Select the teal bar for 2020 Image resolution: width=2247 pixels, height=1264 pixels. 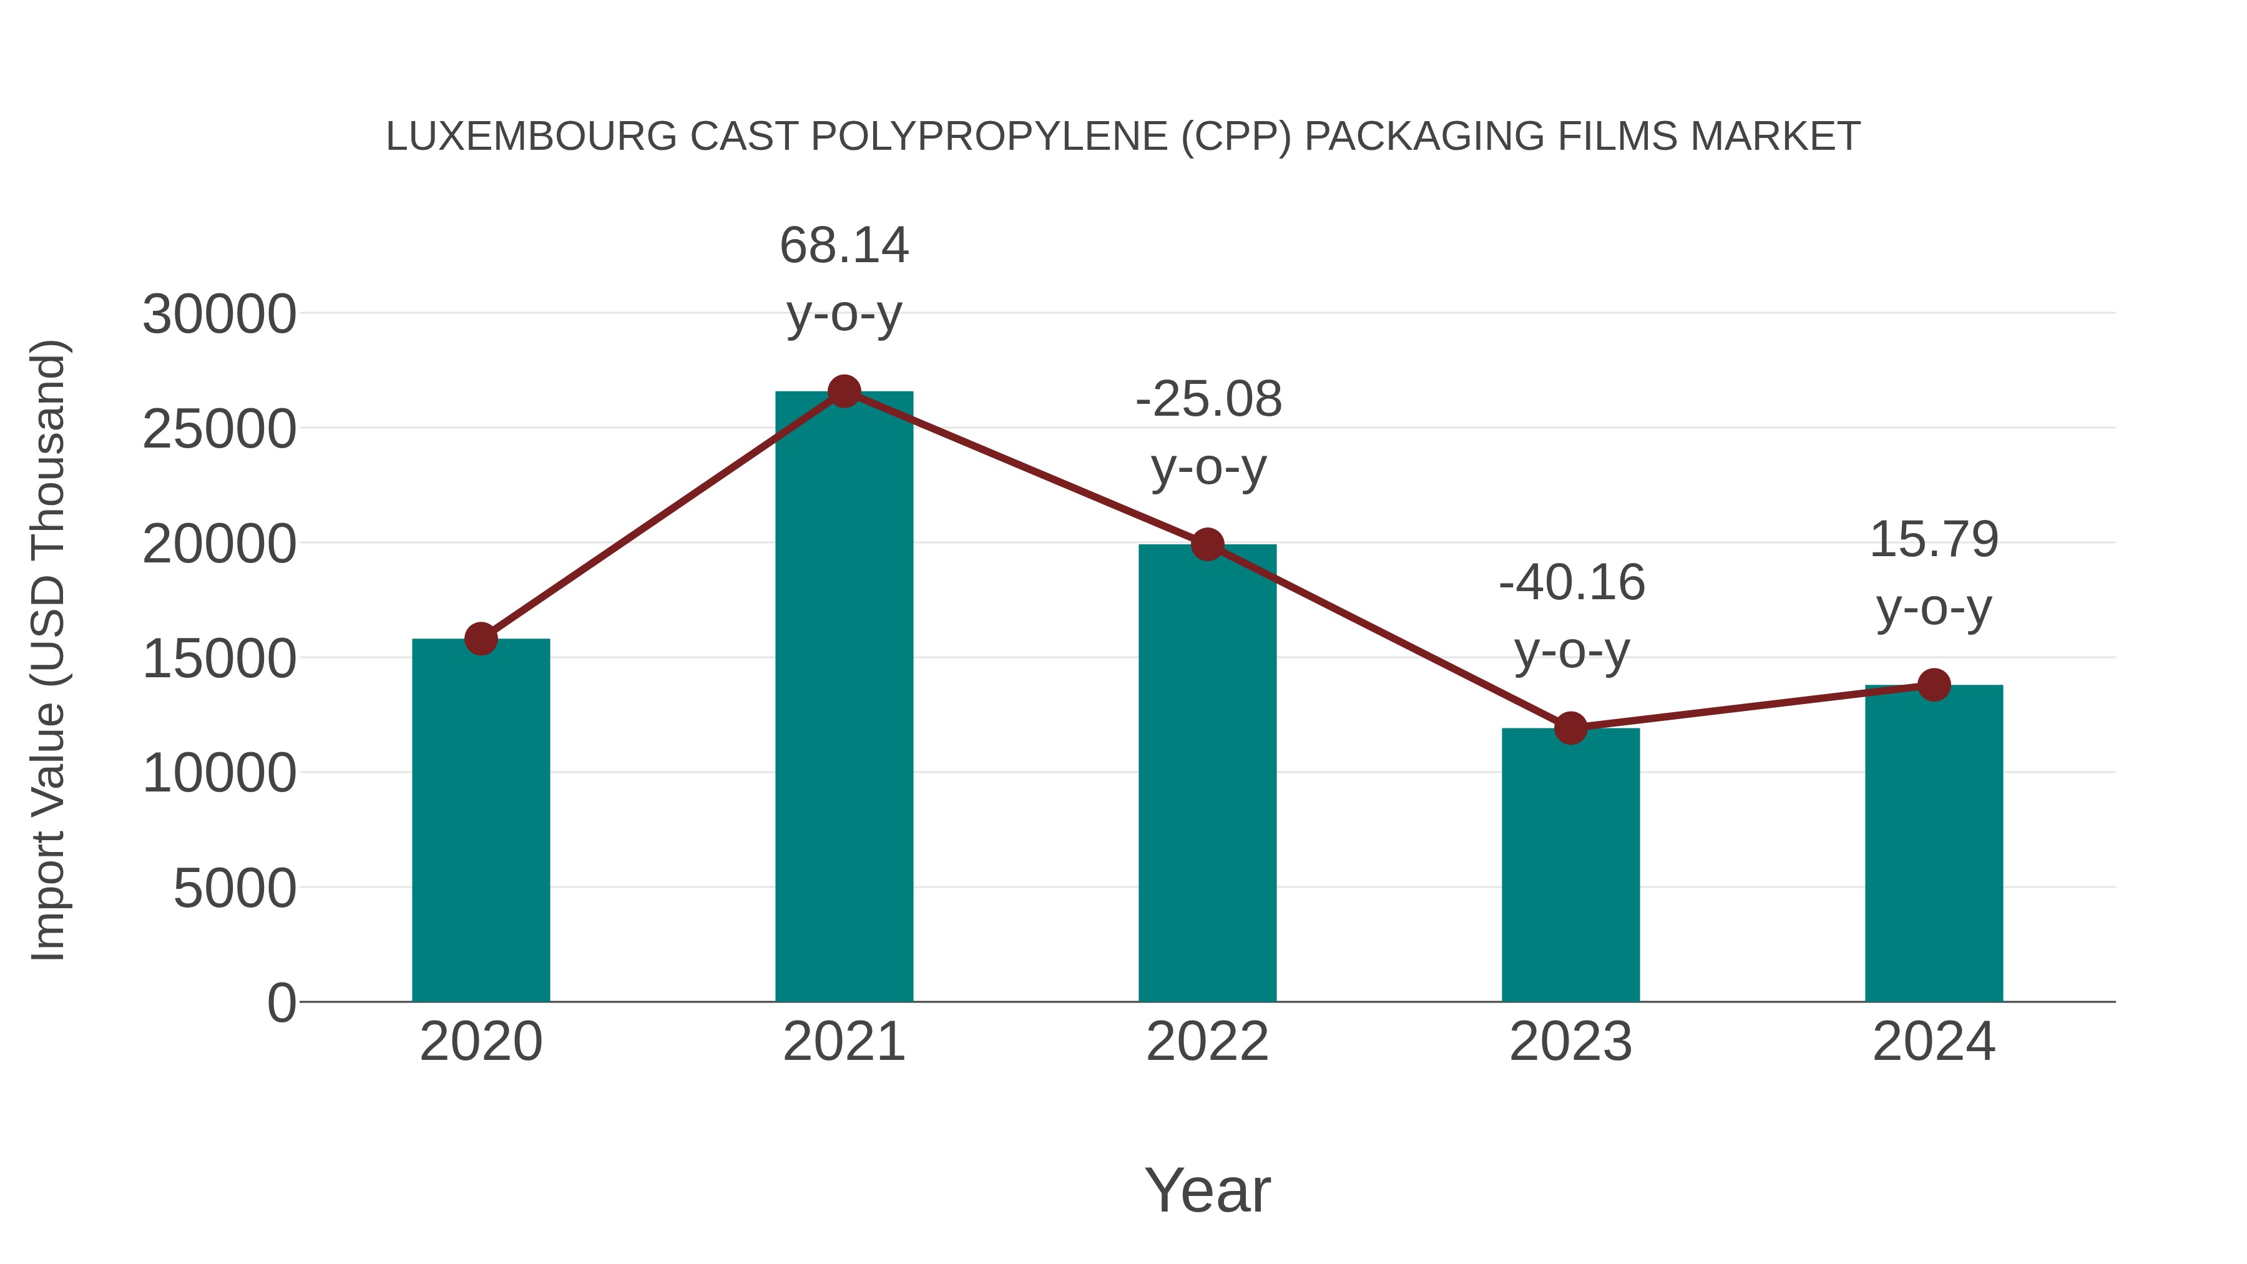click(481, 820)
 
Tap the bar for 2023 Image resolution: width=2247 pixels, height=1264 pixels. click(1570, 865)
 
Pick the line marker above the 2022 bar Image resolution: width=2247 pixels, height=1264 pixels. click(1207, 544)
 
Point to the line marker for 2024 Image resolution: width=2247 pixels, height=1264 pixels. click(1934, 685)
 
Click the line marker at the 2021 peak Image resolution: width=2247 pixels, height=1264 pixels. click(843, 391)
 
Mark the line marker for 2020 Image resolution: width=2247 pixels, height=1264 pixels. click(481, 639)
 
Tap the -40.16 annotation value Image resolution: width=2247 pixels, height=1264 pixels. click(1571, 583)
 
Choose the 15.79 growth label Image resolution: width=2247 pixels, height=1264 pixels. click(1934, 539)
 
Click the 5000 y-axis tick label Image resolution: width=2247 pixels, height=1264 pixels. click(235, 889)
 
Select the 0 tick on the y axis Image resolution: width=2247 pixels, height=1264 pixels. click(281, 1003)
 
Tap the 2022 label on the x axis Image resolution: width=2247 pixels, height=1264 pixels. click(1207, 1042)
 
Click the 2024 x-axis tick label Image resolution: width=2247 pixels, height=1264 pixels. click(1934, 1042)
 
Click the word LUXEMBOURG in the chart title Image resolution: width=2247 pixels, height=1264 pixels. click(531, 137)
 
